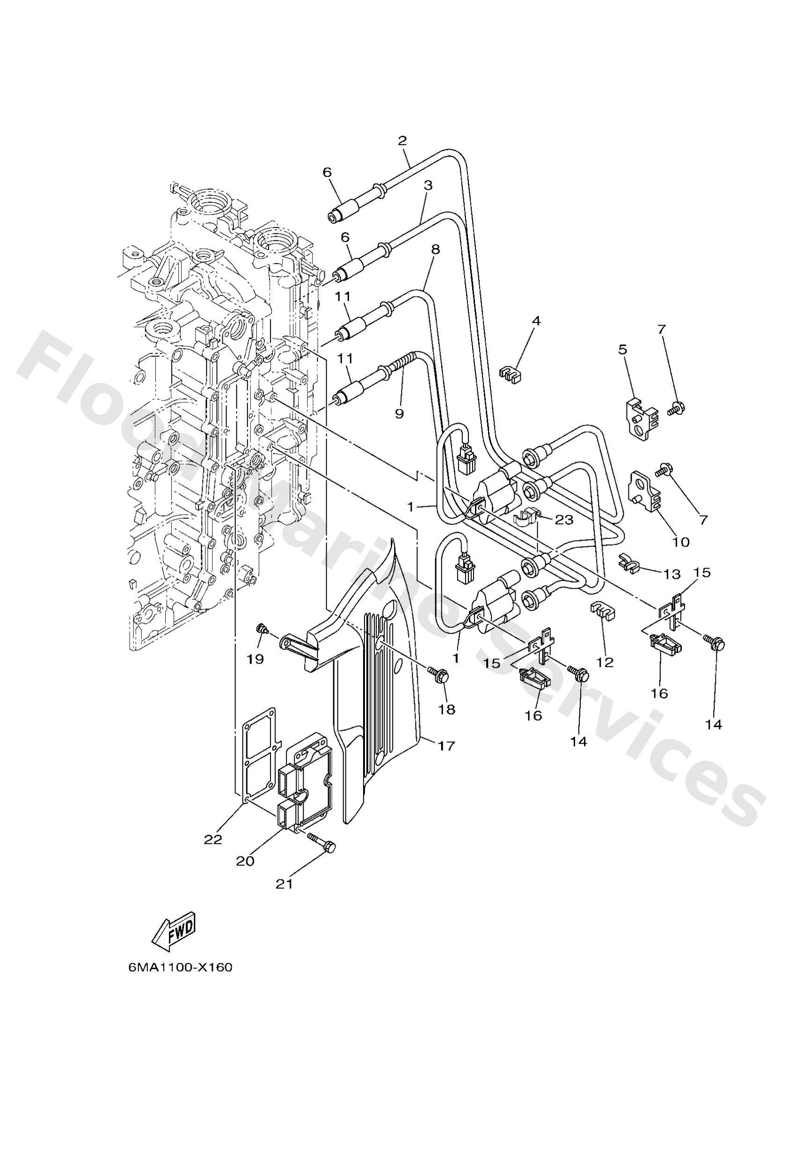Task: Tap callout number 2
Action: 402,140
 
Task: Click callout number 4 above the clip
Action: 536,321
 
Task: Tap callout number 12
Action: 605,663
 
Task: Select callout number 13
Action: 672,574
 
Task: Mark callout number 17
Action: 446,746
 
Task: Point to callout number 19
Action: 255,659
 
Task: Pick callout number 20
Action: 245,861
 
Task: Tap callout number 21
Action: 284,884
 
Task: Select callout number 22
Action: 212,840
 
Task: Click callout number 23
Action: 564,520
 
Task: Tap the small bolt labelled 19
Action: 260,628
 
